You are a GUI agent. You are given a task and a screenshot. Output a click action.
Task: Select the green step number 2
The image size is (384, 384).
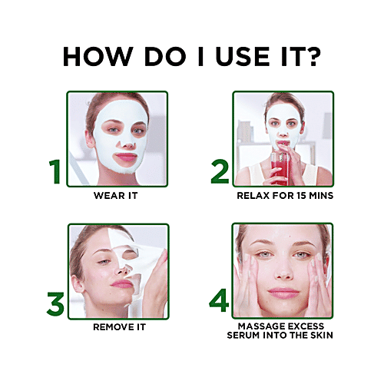220,172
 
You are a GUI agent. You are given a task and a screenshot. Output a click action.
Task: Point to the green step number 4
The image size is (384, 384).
220,300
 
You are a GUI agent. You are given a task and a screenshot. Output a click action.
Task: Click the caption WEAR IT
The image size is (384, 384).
117,195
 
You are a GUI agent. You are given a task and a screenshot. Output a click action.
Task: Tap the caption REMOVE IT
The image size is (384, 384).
117,327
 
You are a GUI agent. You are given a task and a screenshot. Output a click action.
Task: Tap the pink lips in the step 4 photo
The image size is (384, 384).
283,293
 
